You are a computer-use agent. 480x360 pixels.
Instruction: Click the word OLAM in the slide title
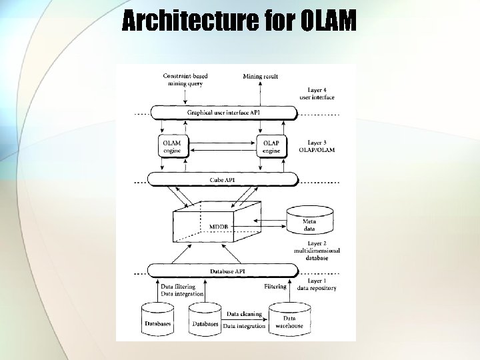point(328,22)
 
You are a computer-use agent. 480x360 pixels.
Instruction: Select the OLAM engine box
point(172,147)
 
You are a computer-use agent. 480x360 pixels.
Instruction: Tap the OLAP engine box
point(271,147)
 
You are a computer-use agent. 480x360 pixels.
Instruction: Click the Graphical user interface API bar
point(223,113)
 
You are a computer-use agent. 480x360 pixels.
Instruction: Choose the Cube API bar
point(223,179)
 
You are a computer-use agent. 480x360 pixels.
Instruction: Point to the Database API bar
point(223,271)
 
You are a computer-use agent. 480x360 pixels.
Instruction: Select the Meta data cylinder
point(309,220)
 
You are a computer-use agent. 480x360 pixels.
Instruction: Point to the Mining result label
point(261,77)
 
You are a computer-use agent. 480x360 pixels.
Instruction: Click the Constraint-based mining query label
point(184,80)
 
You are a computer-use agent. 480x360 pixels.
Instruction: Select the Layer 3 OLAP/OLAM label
point(321,146)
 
